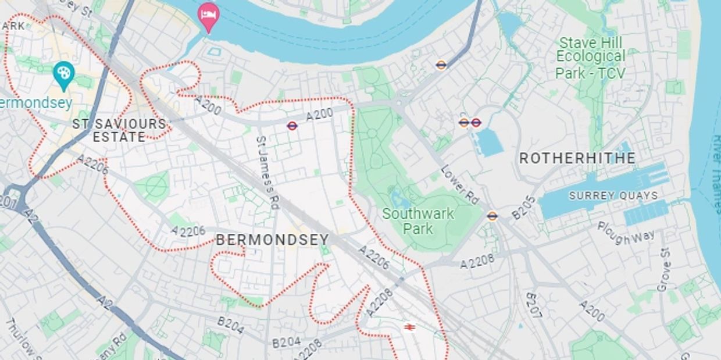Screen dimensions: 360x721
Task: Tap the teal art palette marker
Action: click(63, 74)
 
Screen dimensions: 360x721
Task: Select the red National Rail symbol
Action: click(409, 327)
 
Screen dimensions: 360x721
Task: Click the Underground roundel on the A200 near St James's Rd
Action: click(292, 126)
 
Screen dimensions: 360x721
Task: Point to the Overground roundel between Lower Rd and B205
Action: click(492, 216)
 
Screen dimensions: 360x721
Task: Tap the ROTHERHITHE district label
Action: click(577, 158)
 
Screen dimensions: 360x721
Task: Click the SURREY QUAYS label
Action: click(613, 195)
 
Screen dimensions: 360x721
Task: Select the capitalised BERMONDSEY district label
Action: click(272, 240)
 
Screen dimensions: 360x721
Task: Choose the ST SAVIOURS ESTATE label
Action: click(119, 130)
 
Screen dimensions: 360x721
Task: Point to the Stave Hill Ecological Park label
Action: click(590, 58)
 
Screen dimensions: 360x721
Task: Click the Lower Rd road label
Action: click(459, 184)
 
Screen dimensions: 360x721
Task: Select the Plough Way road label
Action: click(626, 232)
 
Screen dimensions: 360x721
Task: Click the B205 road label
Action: click(523, 208)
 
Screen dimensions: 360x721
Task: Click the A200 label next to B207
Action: click(592, 311)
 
